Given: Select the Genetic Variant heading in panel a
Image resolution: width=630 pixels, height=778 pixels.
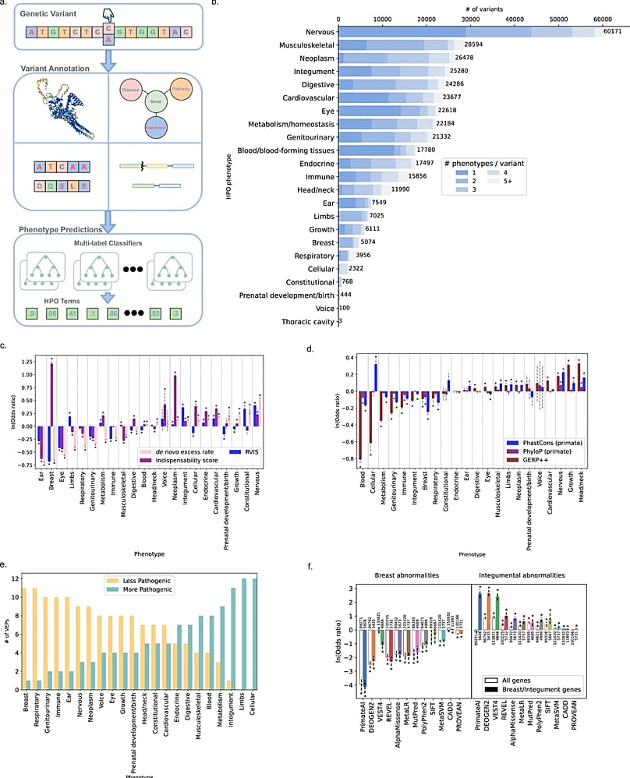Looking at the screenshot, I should coord(50,13).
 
